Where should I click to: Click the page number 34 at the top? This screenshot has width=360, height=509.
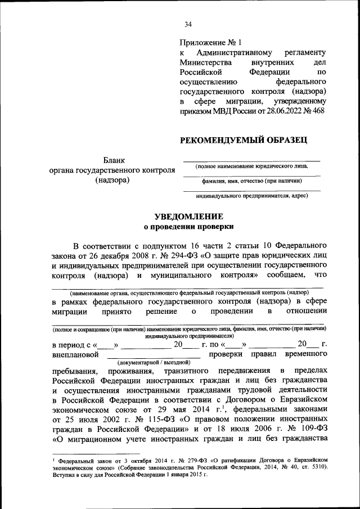coord(188,24)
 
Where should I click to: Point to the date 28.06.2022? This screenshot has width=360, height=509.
coord(282,110)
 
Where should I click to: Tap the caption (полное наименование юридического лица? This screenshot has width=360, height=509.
coord(251,167)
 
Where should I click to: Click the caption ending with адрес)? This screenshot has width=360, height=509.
coord(251,196)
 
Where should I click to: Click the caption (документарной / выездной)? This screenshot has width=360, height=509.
coord(154,363)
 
